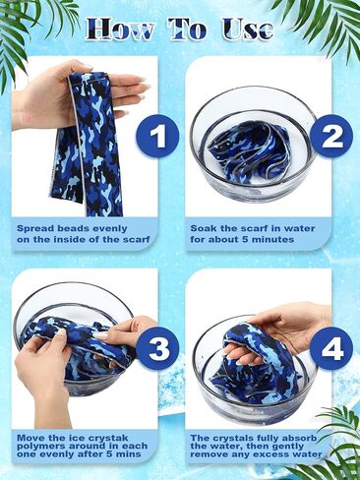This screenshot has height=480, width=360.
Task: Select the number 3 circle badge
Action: tap(158, 348)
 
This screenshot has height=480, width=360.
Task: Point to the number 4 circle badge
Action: tap(331, 348)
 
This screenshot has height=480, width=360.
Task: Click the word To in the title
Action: tap(187, 30)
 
